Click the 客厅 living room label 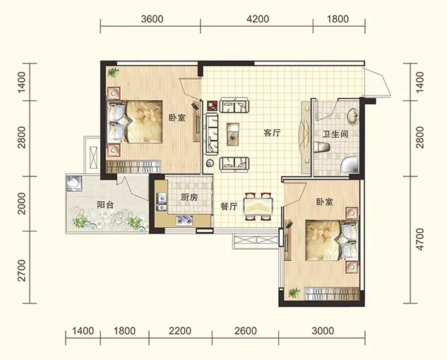(272, 133)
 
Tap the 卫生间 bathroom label (335, 134)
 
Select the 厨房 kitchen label (189, 197)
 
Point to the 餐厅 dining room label (229, 206)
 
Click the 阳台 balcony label (105, 205)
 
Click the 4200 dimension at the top (258, 19)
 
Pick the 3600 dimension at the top (153, 19)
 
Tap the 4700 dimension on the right (420, 239)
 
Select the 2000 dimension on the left (22, 203)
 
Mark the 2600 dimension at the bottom (246, 331)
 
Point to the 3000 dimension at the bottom (323, 331)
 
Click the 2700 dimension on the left (22, 270)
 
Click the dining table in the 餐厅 (258, 206)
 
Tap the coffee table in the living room (233, 134)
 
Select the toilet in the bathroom (323, 148)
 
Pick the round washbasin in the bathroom (353, 116)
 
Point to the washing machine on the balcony (74, 184)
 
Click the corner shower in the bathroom (350, 165)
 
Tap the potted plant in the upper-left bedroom (113, 72)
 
